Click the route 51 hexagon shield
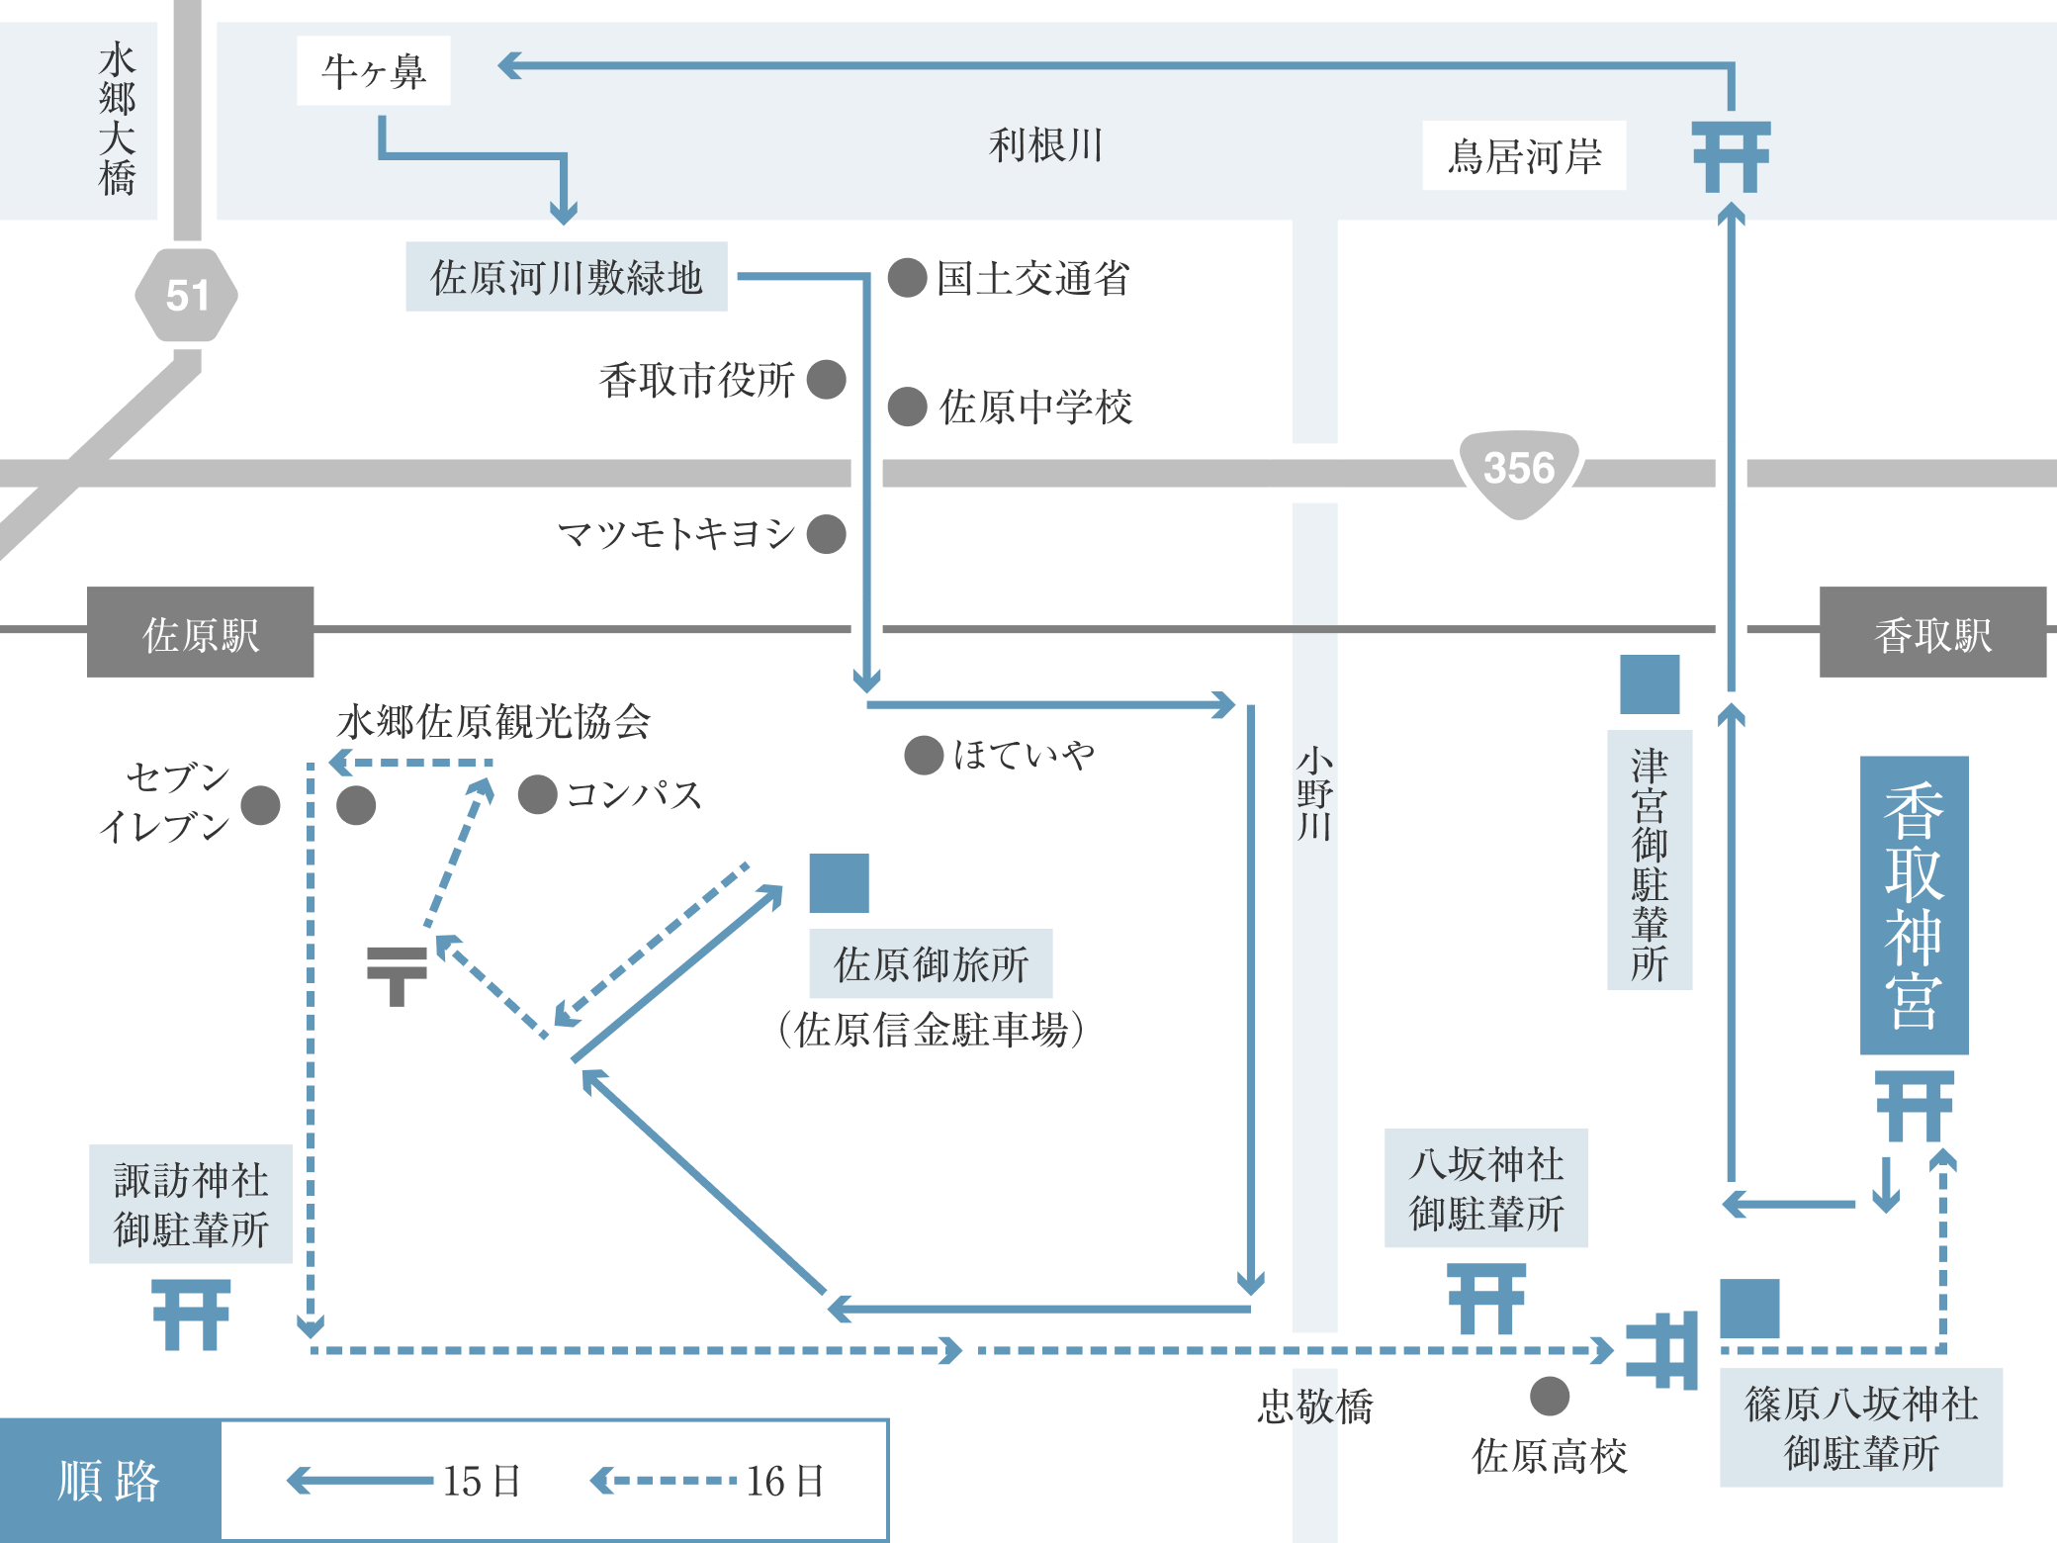point(186,295)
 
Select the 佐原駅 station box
point(201,633)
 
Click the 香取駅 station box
point(1932,633)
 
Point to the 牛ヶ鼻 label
point(374,71)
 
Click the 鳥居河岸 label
point(1524,156)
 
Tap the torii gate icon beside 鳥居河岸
point(1731,156)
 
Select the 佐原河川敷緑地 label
point(566,277)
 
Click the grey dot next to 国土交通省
point(907,278)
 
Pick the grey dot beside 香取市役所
point(826,379)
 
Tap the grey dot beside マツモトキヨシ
point(826,534)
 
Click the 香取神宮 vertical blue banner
point(1914,905)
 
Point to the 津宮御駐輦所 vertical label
point(1650,861)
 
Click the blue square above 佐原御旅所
point(839,883)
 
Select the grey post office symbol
point(397,975)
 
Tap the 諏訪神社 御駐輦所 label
point(191,1204)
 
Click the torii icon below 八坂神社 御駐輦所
point(1486,1298)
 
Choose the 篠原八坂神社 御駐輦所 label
point(1861,1427)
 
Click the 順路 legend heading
point(109,1481)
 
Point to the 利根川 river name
point(1045,145)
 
